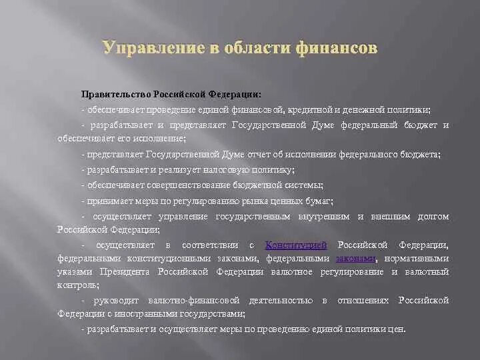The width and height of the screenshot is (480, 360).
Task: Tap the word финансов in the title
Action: (340, 48)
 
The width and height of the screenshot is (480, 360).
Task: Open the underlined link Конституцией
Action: (296, 245)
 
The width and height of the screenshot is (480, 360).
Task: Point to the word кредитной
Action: (313, 109)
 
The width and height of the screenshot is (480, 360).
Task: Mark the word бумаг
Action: (321, 201)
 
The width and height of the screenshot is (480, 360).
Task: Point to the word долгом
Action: (433, 217)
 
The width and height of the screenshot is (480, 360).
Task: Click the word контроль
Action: (77, 285)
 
